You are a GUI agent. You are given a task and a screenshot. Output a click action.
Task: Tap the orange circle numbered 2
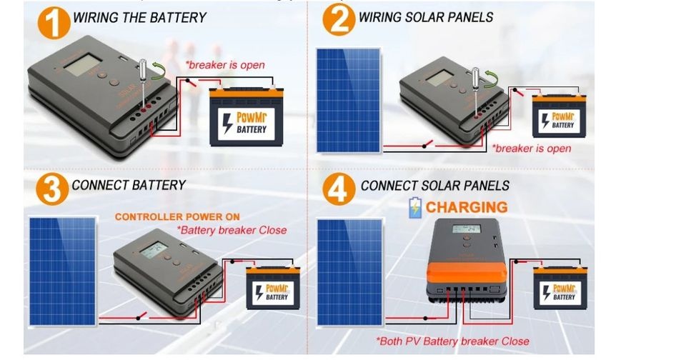pyautogui.click(x=339, y=19)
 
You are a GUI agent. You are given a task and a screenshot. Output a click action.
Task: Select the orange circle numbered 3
pyautogui.click(x=50, y=190)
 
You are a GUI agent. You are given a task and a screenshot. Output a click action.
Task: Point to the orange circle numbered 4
pyautogui.click(x=339, y=190)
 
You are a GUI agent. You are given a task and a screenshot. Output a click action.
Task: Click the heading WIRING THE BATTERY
pyautogui.click(x=139, y=17)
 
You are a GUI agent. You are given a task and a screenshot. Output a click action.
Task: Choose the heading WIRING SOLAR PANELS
pyautogui.click(x=426, y=16)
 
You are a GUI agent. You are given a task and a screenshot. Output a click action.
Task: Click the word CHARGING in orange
pyautogui.click(x=467, y=208)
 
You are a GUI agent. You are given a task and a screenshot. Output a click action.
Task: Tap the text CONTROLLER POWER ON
pyautogui.click(x=177, y=217)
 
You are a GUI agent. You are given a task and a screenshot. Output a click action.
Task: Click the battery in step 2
pyautogui.click(x=559, y=117)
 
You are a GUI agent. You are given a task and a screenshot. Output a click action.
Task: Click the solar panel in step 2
pyautogui.click(x=349, y=99)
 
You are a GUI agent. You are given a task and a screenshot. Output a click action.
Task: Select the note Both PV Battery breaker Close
pyautogui.click(x=452, y=341)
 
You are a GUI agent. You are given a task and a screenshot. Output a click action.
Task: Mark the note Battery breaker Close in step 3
pyautogui.click(x=232, y=230)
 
